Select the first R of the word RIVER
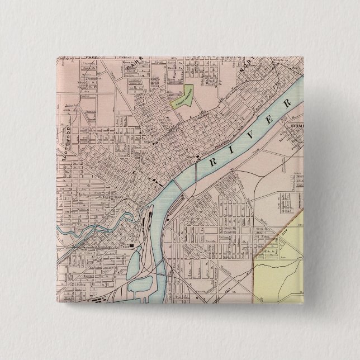point(212,162)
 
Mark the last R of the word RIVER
point(288,104)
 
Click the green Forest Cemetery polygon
point(182,96)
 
